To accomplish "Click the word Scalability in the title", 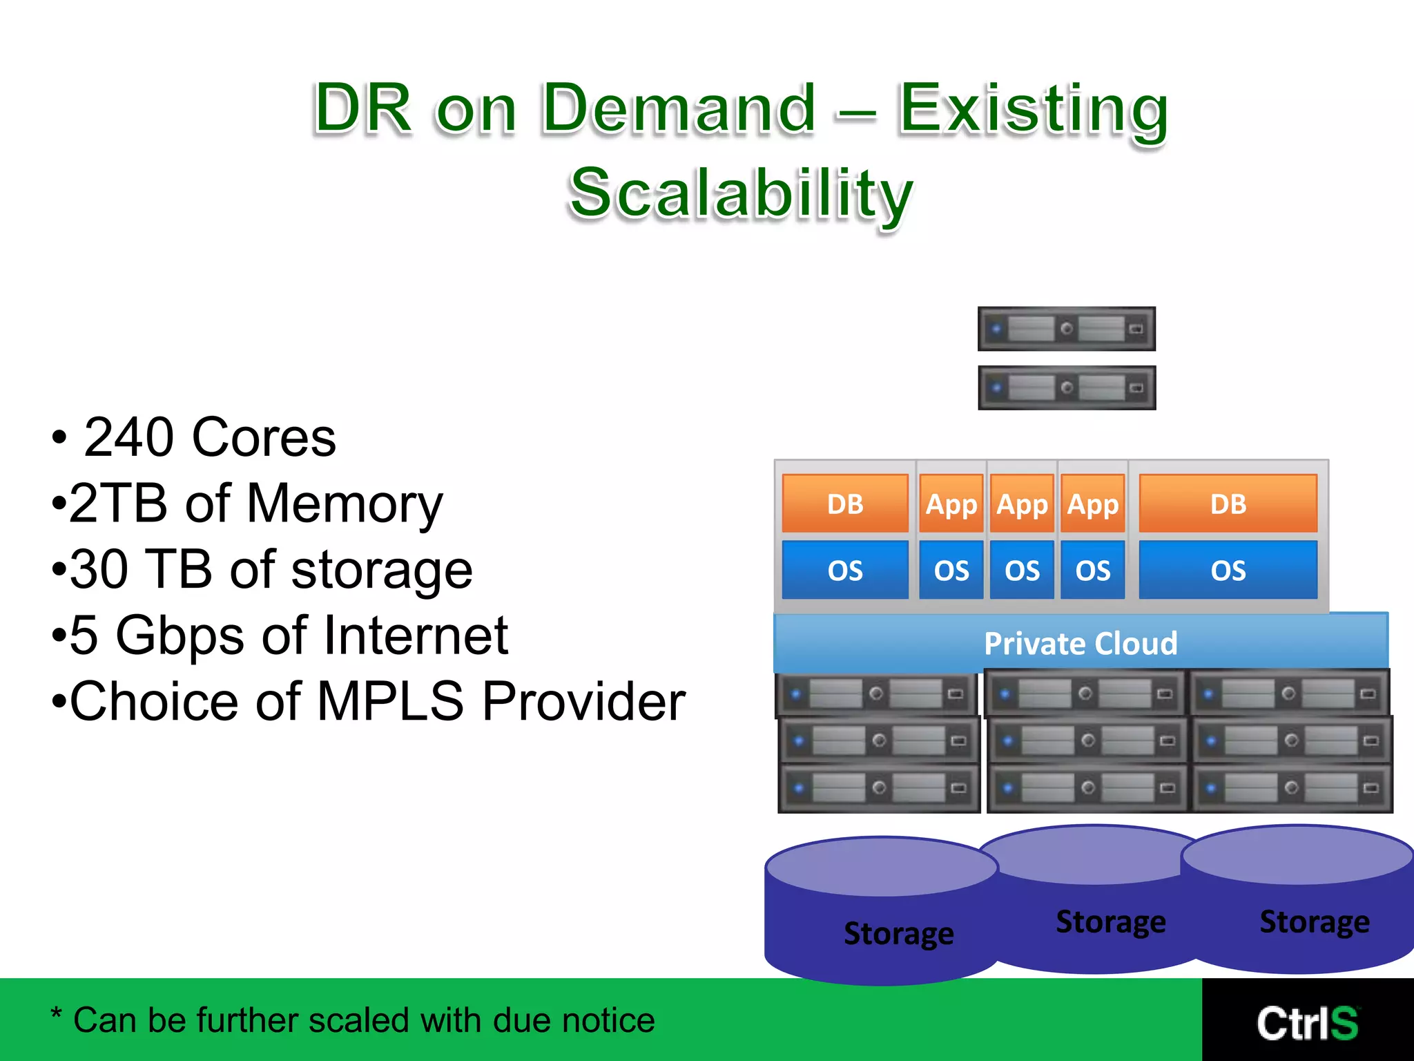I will click(741, 193).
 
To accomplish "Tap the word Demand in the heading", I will click(679, 108).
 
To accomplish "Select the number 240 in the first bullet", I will click(128, 438).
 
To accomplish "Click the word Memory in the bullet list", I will click(345, 504).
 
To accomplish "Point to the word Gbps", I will click(180, 635).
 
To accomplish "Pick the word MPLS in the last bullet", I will click(390, 702).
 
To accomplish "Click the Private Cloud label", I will click(1081, 644).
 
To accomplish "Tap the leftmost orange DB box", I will click(845, 504).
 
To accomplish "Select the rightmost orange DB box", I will click(1228, 504).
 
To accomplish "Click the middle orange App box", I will click(1022, 504).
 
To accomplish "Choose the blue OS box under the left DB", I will click(845, 571).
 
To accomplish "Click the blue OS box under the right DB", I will click(1228, 571).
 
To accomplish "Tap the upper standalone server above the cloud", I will click(1067, 329).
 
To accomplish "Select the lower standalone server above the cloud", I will click(1067, 388).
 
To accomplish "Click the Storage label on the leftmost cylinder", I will click(898, 933).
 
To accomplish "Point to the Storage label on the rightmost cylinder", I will click(1315, 922).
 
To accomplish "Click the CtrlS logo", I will click(1307, 1023).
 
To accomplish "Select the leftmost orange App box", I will click(951, 504).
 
